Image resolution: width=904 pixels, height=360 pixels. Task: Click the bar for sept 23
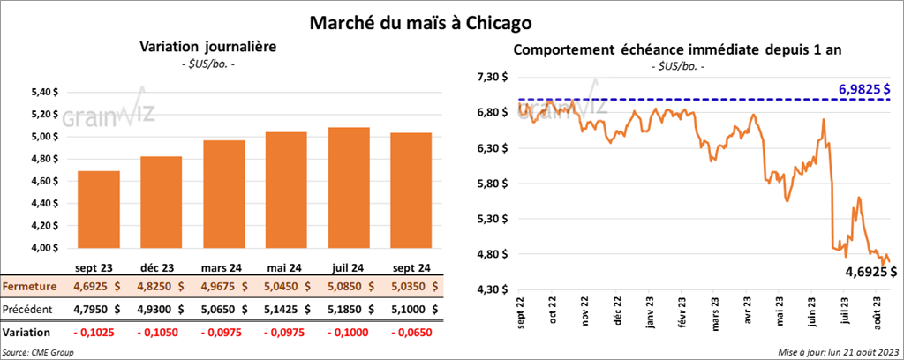98,209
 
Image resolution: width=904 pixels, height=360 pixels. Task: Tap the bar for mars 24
222,194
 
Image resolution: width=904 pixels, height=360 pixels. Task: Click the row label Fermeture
29,287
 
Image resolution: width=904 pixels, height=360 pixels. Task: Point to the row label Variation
26,333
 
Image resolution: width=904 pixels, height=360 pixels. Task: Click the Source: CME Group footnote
38,352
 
